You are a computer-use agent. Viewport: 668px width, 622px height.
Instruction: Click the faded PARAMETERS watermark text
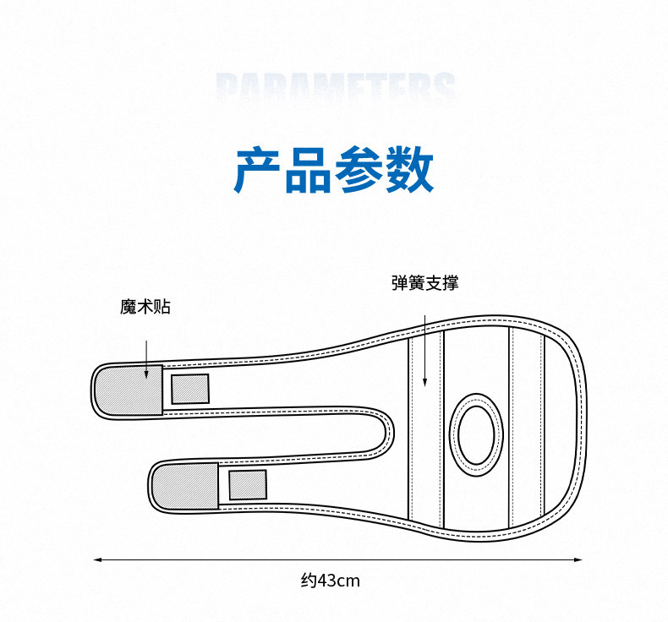[x=336, y=89]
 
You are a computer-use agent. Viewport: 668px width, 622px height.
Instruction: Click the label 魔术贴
[x=145, y=307]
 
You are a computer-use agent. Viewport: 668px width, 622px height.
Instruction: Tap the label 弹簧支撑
[x=424, y=283]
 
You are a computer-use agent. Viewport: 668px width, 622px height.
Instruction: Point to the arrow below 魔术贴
[x=146, y=358]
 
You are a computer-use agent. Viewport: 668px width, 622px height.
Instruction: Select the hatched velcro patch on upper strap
[x=128, y=391]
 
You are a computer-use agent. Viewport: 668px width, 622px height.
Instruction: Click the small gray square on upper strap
[x=190, y=389]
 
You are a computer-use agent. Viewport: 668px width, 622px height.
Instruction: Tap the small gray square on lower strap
[x=248, y=485]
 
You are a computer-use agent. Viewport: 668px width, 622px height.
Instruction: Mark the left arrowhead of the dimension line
[x=96, y=559]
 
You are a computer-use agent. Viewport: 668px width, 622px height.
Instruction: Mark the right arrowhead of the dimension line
[x=579, y=559]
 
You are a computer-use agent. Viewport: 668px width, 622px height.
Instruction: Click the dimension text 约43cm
[x=331, y=581]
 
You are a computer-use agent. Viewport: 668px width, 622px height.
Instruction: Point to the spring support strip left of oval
[x=426, y=431]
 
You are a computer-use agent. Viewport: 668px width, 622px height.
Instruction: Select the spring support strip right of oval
[x=526, y=427]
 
